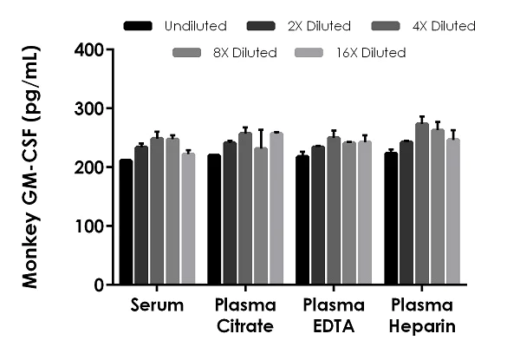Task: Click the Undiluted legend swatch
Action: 138,26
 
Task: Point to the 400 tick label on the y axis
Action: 93,49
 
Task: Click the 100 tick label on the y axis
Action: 93,226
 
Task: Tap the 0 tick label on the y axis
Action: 100,285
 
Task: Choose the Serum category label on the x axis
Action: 158,306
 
